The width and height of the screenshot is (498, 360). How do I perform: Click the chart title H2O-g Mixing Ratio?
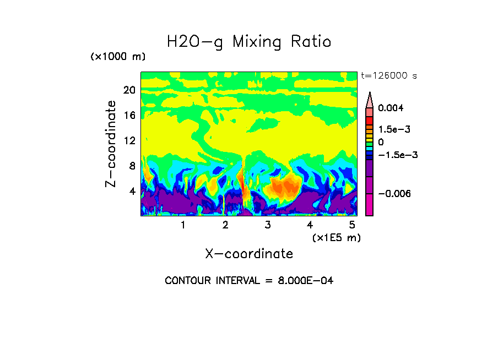pos(249,42)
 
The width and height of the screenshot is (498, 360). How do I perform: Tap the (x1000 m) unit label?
pos(118,57)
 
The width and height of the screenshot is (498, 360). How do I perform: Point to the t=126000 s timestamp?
pos(388,75)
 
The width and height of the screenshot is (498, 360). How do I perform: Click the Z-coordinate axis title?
pos(111,144)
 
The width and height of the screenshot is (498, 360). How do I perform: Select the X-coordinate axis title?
pos(249,254)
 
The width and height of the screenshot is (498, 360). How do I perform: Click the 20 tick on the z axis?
pos(129,90)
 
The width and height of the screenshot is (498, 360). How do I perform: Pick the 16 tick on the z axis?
pos(129,116)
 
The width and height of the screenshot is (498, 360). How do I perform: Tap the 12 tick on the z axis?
pos(129,141)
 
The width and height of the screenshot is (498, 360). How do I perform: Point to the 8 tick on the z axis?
pos(132,166)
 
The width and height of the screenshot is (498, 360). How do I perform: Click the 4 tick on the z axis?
pos(132,192)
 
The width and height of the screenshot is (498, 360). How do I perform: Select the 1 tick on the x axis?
pos(183,225)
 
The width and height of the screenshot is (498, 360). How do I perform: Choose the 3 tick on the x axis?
pos(268,225)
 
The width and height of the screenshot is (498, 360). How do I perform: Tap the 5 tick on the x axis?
pos(352,225)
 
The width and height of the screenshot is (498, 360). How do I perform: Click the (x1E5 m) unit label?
pos(336,238)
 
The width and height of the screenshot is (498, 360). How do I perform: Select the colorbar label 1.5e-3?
pos(394,129)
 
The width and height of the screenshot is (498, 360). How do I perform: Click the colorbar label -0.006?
pos(395,194)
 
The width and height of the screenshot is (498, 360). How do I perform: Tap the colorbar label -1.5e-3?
pos(397,155)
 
